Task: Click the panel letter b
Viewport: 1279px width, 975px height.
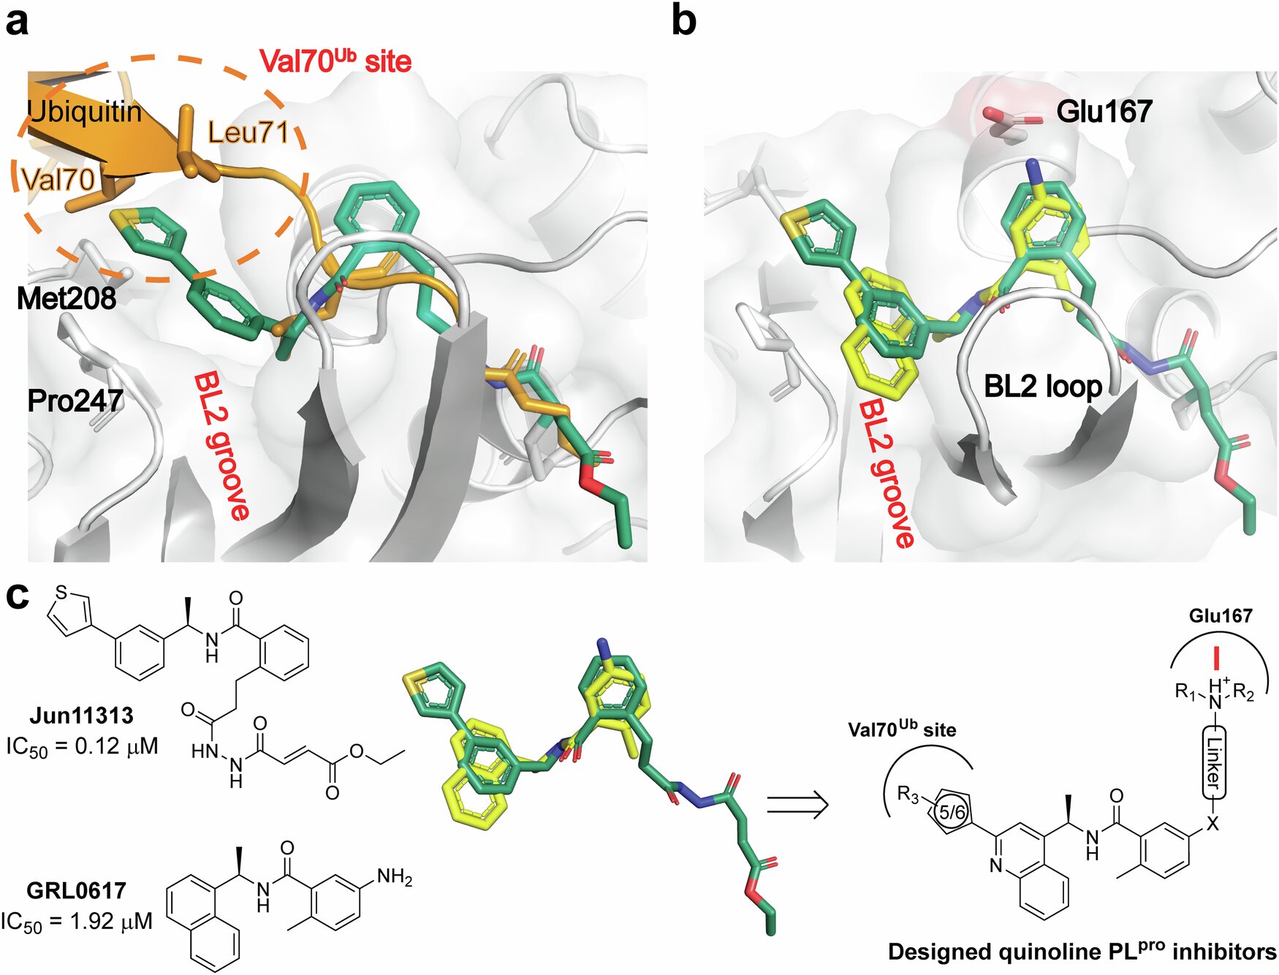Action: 683,22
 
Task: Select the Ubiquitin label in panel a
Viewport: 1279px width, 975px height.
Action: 84,112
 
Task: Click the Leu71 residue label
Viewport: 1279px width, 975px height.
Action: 248,132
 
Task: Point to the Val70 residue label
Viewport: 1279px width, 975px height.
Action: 58,179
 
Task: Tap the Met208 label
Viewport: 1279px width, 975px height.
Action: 67,298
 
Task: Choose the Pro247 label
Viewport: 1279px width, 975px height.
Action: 75,401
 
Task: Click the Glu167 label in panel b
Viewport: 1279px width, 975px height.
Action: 1104,112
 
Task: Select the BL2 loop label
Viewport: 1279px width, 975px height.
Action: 1043,386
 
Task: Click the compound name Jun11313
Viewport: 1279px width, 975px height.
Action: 82,715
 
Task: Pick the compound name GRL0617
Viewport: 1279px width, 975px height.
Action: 77,890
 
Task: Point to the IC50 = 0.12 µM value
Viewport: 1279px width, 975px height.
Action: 82,746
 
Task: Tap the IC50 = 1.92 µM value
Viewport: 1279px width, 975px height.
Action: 77,922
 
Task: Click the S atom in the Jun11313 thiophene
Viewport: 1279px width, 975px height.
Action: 61,591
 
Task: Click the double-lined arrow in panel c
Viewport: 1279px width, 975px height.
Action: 797,805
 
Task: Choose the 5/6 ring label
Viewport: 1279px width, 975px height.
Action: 952,811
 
